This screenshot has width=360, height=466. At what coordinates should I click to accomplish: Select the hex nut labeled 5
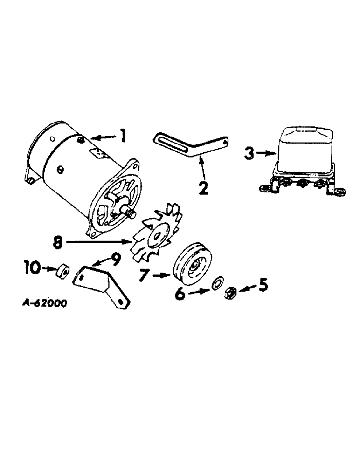pos(229,293)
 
